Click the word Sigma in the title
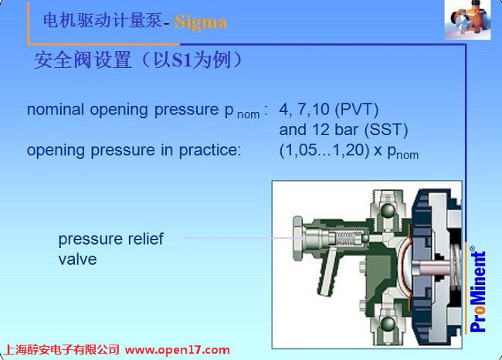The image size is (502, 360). click(x=201, y=23)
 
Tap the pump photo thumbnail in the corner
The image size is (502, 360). click(x=468, y=20)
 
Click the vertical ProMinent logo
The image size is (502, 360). click(x=478, y=289)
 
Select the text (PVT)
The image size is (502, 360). click(x=356, y=110)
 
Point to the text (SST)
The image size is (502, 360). click(x=386, y=130)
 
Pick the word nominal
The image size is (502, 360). click(x=56, y=110)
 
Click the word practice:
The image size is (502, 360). click(x=210, y=151)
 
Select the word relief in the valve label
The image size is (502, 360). click(x=146, y=239)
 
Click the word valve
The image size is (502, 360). click(x=77, y=259)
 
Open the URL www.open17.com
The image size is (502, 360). click(x=177, y=350)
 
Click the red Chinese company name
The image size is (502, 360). click(x=62, y=350)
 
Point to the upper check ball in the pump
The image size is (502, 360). click(x=388, y=210)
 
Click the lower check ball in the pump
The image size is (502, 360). click(x=388, y=324)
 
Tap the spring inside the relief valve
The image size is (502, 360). click(x=347, y=239)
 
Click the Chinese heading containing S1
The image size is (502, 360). click(x=138, y=60)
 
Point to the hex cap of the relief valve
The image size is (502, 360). click(x=297, y=238)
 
